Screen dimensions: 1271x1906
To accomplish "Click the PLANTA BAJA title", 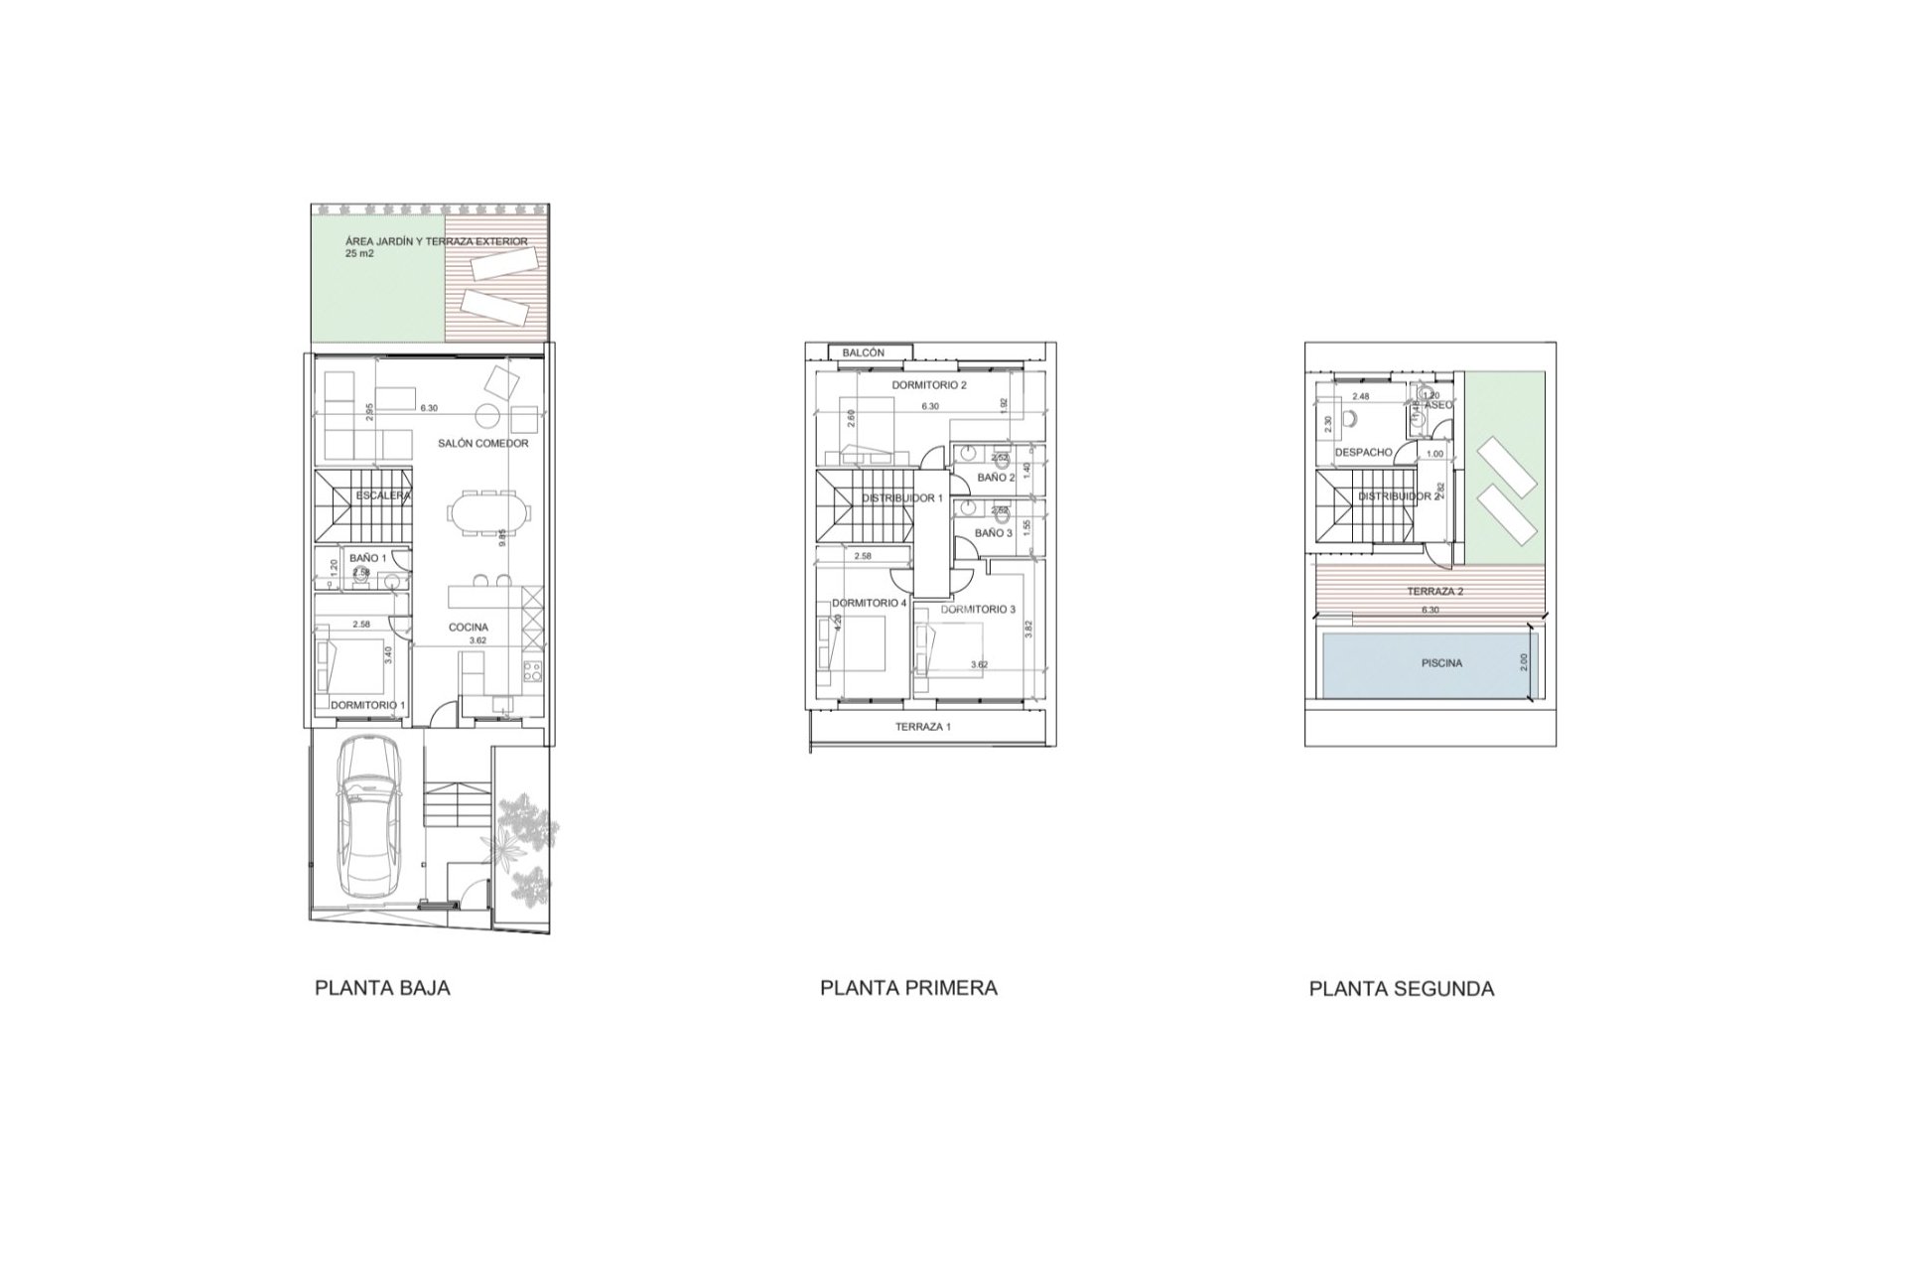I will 382,988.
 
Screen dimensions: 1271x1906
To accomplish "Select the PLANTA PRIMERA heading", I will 908,988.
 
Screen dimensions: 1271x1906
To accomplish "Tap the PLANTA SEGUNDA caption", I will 1401,989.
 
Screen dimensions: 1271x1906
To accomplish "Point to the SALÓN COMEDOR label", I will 482,443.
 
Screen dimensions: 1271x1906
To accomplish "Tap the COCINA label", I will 469,627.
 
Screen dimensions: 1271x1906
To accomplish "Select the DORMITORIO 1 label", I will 367,705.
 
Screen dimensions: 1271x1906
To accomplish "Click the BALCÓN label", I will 863,353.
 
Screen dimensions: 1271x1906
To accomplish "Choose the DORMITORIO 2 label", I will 928,384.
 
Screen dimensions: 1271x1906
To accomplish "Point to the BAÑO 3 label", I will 993,533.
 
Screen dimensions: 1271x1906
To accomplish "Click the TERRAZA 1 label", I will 922,727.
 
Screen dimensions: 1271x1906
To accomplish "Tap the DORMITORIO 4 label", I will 869,603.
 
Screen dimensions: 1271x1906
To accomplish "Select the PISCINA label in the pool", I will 1441,663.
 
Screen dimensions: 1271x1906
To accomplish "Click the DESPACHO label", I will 1363,452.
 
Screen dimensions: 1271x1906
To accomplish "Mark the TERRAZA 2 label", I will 1434,591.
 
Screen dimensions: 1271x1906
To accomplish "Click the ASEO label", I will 1438,405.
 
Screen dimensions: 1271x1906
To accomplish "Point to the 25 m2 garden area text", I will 359,254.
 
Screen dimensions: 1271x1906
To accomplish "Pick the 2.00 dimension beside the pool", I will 1525,663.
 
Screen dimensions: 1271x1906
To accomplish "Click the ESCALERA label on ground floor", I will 382,494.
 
